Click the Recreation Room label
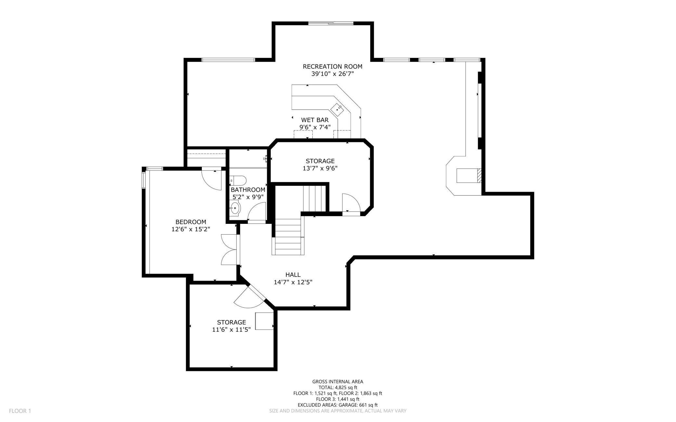pyautogui.click(x=332, y=67)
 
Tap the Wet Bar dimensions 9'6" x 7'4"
pyautogui.click(x=315, y=127)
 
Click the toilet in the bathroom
pyautogui.click(x=238, y=180)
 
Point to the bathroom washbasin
pyautogui.click(x=235, y=208)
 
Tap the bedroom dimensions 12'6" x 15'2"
pyautogui.click(x=191, y=229)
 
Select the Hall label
pyautogui.click(x=293, y=275)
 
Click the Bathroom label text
pyautogui.click(x=248, y=190)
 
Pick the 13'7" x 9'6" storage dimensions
pyautogui.click(x=320, y=168)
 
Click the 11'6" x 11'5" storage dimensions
pyautogui.click(x=231, y=330)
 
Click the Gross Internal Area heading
pyautogui.click(x=338, y=382)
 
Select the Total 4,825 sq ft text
pyautogui.click(x=338, y=388)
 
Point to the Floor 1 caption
pyautogui.click(x=20, y=411)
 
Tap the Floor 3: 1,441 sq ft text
pyautogui.click(x=338, y=399)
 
